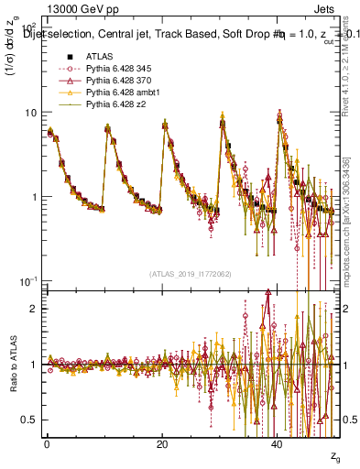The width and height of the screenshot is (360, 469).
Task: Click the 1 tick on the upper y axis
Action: click(34, 197)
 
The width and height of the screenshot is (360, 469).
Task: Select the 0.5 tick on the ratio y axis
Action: click(28, 420)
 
